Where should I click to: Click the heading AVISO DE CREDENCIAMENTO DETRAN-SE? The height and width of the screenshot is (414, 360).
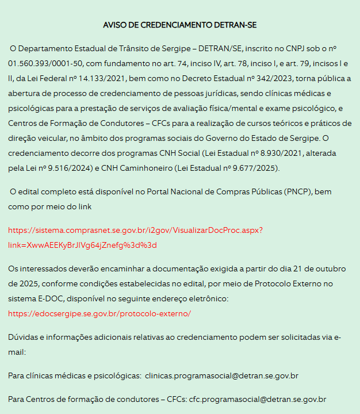[180, 25]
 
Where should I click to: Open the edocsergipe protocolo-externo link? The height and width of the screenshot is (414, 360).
[99, 313]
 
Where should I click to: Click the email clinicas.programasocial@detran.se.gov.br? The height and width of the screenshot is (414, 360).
[221, 375]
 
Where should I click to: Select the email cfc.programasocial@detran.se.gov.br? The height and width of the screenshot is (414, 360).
[258, 398]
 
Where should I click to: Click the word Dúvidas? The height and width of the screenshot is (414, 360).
[23, 337]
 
